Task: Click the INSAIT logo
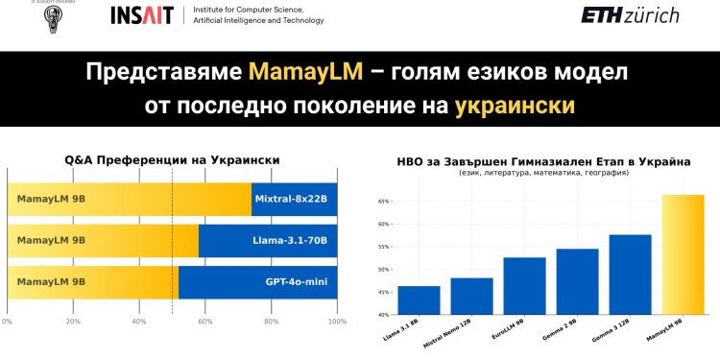pyautogui.click(x=141, y=15)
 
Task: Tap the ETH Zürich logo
pyautogui.click(x=630, y=15)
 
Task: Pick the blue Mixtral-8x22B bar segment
pyautogui.click(x=294, y=199)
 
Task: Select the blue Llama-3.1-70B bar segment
pyautogui.click(x=268, y=240)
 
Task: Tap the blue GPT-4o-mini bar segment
pyautogui.click(x=257, y=281)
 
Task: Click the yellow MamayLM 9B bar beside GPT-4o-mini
pyautogui.click(x=92, y=281)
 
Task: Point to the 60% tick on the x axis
pyautogui.click(x=205, y=321)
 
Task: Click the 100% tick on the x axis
pyautogui.click(x=337, y=321)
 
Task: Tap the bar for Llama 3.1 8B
pyautogui.click(x=418, y=300)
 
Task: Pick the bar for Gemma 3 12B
pyautogui.click(x=630, y=275)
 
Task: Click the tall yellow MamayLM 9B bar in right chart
pyautogui.click(x=683, y=254)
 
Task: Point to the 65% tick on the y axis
pyautogui.click(x=383, y=201)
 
